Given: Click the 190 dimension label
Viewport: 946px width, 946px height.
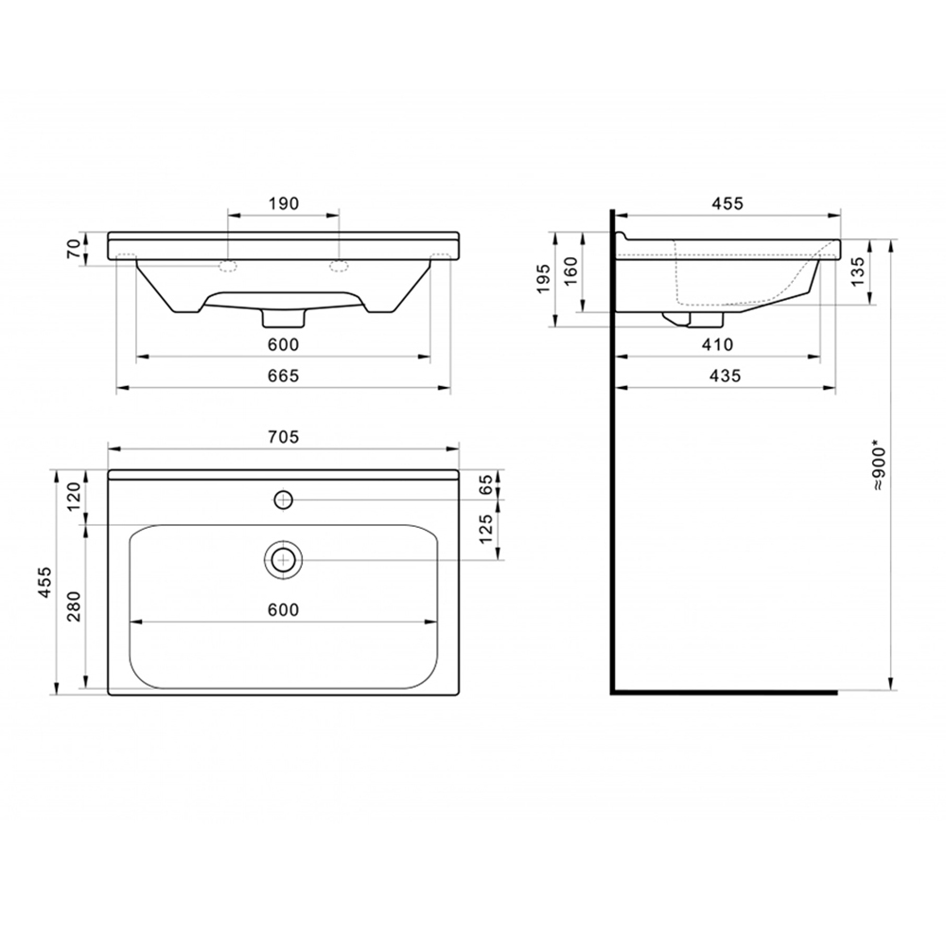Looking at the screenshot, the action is click(284, 203).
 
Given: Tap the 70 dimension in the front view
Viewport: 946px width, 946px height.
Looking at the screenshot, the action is click(73, 249).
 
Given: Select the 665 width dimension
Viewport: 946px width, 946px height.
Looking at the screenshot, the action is click(284, 376).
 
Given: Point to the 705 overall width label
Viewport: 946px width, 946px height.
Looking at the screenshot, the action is click(284, 436).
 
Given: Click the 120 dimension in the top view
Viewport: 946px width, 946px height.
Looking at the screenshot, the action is click(73, 496).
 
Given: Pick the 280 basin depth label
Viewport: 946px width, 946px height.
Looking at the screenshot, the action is click(73, 607).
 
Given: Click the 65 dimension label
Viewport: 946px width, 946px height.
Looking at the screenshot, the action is click(486, 485).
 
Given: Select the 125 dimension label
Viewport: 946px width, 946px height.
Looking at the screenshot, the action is click(486, 529).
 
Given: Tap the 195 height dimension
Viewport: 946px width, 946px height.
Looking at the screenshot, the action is click(544, 279).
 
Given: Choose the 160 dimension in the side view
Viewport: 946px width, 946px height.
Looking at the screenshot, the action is click(570, 271).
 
